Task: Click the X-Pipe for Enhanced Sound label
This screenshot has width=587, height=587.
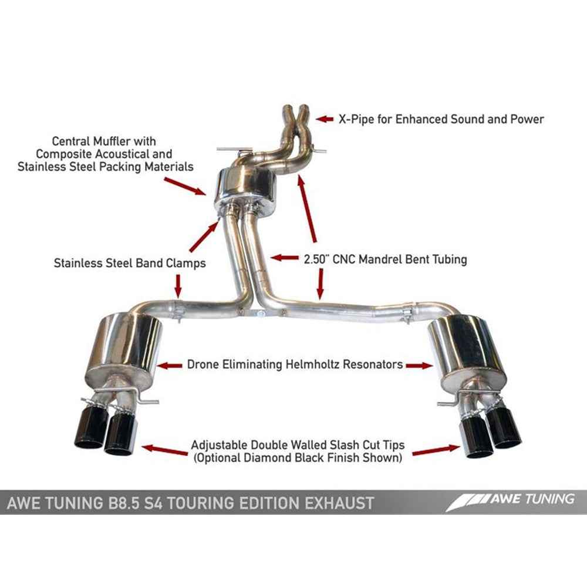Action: pos(440,119)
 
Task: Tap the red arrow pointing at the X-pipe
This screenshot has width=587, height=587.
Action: pos(325,119)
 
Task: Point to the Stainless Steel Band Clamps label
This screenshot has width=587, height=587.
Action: pos(130,263)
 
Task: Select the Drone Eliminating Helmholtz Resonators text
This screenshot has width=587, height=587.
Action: pos(295,365)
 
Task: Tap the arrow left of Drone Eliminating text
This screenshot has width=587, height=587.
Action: pos(170,365)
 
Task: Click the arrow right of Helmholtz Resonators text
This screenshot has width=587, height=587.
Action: pos(419,365)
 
